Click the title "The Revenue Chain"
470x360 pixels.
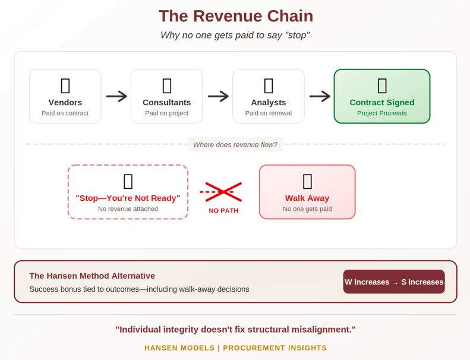(236, 16)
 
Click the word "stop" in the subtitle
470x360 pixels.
(296, 36)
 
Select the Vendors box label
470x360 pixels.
(65, 103)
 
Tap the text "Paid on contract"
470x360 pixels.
(65, 113)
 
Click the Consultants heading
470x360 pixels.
(166, 103)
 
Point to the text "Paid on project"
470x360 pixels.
(166, 113)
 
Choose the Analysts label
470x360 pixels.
(269, 103)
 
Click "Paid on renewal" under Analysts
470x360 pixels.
(269, 113)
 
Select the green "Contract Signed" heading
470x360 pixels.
(382, 103)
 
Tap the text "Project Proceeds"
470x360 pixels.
(382, 113)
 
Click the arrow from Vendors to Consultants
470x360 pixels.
(116, 96)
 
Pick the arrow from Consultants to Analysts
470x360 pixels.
(218, 96)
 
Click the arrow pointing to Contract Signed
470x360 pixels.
(320, 96)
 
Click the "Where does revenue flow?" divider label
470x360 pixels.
(235, 144)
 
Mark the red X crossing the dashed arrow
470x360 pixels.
(223, 192)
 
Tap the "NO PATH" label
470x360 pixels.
(223, 211)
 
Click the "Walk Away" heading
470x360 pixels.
(307, 198)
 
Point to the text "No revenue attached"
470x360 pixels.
(128, 209)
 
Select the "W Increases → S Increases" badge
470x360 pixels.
(394, 282)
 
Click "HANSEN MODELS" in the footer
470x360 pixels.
(179, 348)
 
